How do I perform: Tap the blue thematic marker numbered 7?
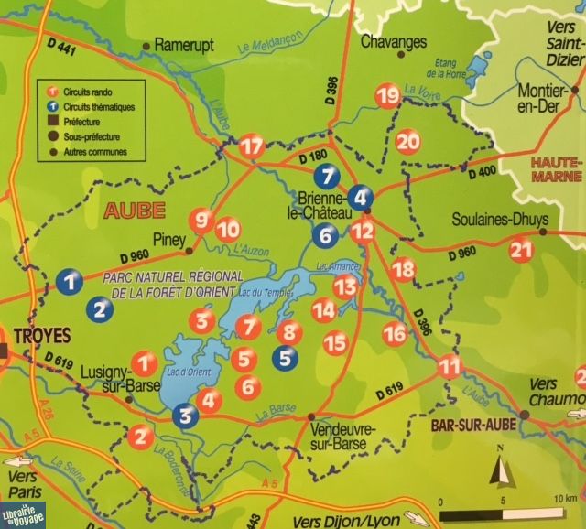pyautogui.click(x=326, y=177)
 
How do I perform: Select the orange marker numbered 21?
pyautogui.click(x=521, y=250)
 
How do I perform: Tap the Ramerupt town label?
pyautogui.click(x=183, y=44)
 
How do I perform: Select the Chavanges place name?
pyautogui.click(x=381, y=42)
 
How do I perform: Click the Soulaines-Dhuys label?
pyautogui.click(x=498, y=221)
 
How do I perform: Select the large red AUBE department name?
pyautogui.click(x=134, y=210)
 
